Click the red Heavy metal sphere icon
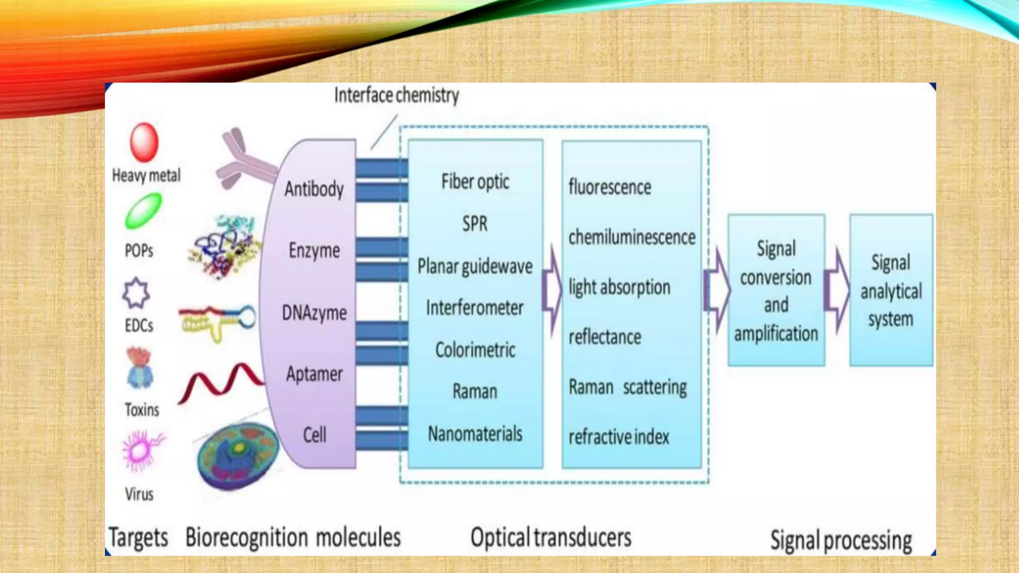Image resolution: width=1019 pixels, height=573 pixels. click(x=144, y=142)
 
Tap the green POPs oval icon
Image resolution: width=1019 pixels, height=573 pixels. click(x=143, y=211)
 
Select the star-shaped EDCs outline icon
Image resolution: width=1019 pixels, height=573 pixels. click(x=136, y=293)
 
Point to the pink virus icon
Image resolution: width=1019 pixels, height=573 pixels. click(x=141, y=451)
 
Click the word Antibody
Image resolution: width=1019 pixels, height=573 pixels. click(x=314, y=189)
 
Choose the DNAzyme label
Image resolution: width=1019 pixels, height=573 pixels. click(x=314, y=313)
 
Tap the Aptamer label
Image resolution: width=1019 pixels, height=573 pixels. click(x=314, y=374)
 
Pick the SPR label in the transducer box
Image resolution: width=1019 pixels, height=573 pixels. click(x=475, y=224)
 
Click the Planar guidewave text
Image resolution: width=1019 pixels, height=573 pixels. click(x=475, y=267)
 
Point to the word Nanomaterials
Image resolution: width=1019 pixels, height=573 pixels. click(x=475, y=434)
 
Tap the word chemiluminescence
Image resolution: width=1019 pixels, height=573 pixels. click(x=631, y=237)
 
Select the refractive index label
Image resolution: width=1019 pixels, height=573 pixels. click(x=618, y=437)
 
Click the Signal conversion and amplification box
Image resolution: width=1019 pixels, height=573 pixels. click(x=776, y=290)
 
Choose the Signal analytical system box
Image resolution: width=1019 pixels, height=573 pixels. click(x=891, y=290)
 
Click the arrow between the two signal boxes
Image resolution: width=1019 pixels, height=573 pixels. click(x=837, y=290)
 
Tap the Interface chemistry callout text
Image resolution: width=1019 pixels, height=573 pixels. click(x=396, y=95)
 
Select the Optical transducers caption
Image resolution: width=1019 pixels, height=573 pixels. click(x=550, y=538)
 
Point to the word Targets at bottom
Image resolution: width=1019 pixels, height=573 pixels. click(x=138, y=538)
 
